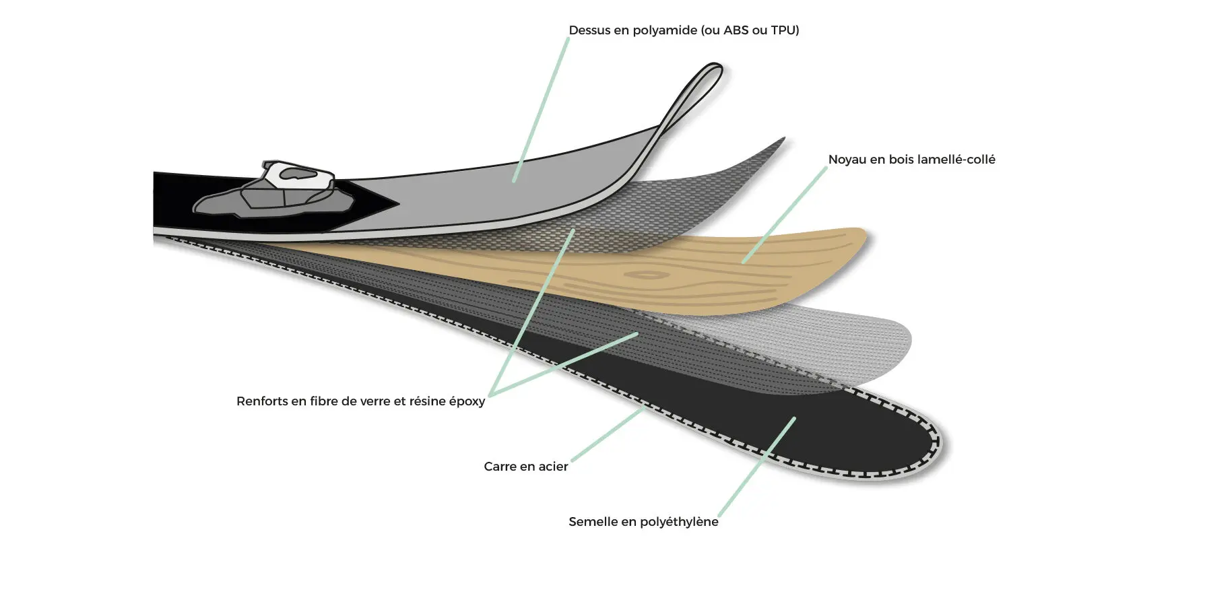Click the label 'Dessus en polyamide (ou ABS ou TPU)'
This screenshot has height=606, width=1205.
click(x=684, y=30)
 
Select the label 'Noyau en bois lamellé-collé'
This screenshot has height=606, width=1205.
click(x=911, y=160)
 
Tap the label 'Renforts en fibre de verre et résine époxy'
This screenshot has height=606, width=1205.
click(x=360, y=401)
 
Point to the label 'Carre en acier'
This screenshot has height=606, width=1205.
click(x=525, y=467)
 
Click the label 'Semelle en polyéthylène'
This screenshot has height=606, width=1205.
click(x=643, y=522)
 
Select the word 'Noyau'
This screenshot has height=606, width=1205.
click(x=847, y=160)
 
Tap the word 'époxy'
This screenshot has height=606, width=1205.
click(x=467, y=402)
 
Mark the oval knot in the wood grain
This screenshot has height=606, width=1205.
click(x=647, y=275)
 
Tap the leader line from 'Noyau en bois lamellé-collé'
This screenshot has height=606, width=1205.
click(x=784, y=215)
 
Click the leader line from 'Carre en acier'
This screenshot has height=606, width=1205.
click(x=608, y=434)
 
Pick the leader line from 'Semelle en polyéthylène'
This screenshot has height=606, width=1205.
click(x=756, y=467)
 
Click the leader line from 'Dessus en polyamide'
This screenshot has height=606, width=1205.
click(x=541, y=110)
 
